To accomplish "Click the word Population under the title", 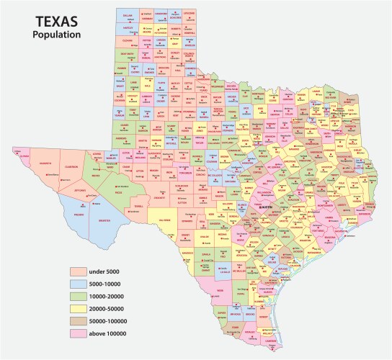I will coord(56,34).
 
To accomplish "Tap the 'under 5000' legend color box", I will coord(79,271).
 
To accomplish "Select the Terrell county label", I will coord(138,205).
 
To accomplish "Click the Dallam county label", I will coord(128,14).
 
